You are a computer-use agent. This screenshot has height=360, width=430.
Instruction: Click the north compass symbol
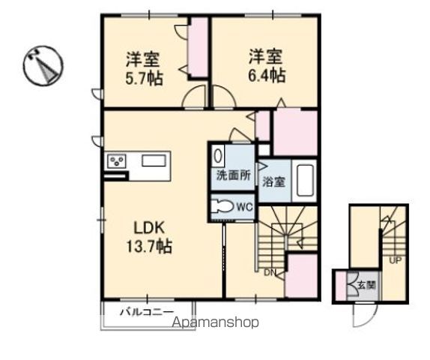coord(43,65)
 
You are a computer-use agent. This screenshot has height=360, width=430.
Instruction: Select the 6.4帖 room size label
coord(266,75)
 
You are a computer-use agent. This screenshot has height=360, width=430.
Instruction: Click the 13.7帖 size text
coord(149,246)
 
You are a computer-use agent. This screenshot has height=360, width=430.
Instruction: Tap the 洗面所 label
coord(231,177)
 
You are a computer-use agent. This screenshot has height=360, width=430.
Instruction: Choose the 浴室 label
coord(273,181)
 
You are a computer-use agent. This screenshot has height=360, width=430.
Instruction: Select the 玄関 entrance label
coord(366,285)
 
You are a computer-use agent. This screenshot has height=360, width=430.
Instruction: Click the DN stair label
coord(269,272)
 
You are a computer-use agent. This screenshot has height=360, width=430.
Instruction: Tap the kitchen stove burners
coord(118,160)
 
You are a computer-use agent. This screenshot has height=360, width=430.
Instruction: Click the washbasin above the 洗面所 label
coord(219,156)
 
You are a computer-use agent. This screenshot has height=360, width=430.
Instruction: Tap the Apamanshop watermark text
coord(216,322)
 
